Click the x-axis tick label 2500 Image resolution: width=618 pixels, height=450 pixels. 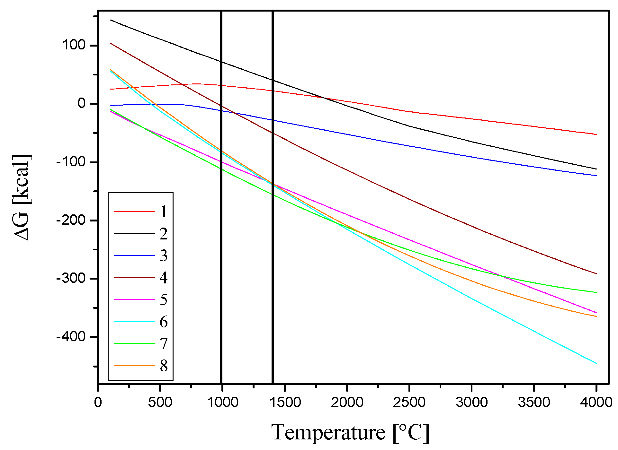click(409, 402)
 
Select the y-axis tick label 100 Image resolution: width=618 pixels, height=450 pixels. click(74, 45)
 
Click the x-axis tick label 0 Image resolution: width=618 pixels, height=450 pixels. click(98, 402)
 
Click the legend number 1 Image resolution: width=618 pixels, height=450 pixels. click(164, 212)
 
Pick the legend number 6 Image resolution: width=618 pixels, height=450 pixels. click(164, 322)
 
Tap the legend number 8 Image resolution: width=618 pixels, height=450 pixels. click(164, 366)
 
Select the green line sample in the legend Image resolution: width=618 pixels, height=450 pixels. click(134, 343)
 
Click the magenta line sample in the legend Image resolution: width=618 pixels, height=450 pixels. click(134, 299)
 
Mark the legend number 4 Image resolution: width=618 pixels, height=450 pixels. click(164, 278)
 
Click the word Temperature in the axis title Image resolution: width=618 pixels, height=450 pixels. click(328, 432)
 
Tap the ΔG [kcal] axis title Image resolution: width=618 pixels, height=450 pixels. click(22, 197)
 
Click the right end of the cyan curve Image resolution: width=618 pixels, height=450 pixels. click(596, 363)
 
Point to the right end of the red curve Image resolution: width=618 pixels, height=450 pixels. click(596, 134)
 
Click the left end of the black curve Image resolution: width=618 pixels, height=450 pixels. click(111, 20)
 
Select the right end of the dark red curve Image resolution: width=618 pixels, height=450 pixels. click(596, 274)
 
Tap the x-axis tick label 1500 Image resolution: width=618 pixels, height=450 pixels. click(285, 402)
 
